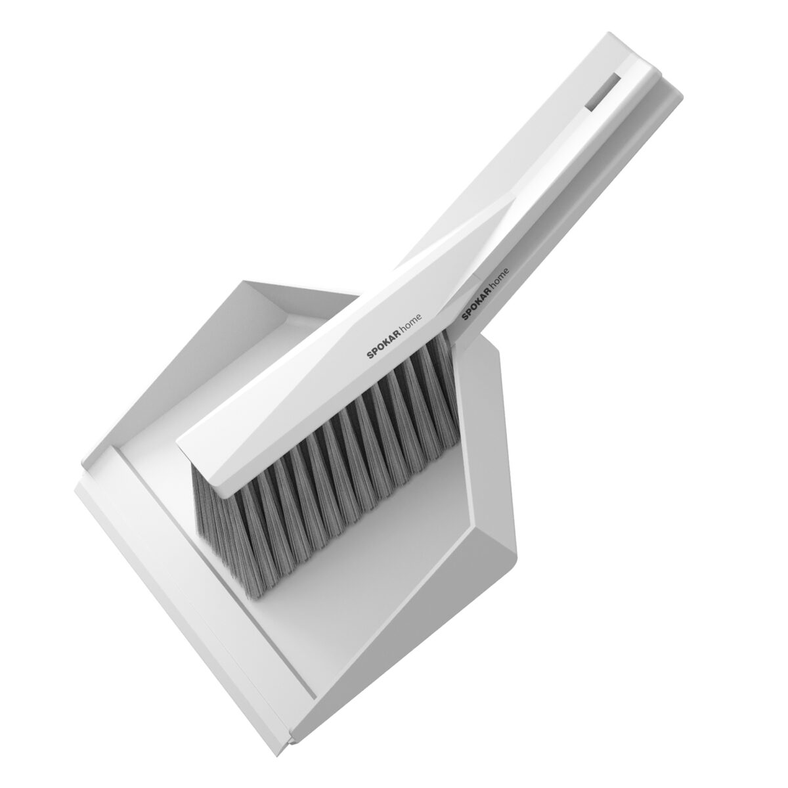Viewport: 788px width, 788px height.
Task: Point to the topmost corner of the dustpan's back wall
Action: [244, 280]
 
